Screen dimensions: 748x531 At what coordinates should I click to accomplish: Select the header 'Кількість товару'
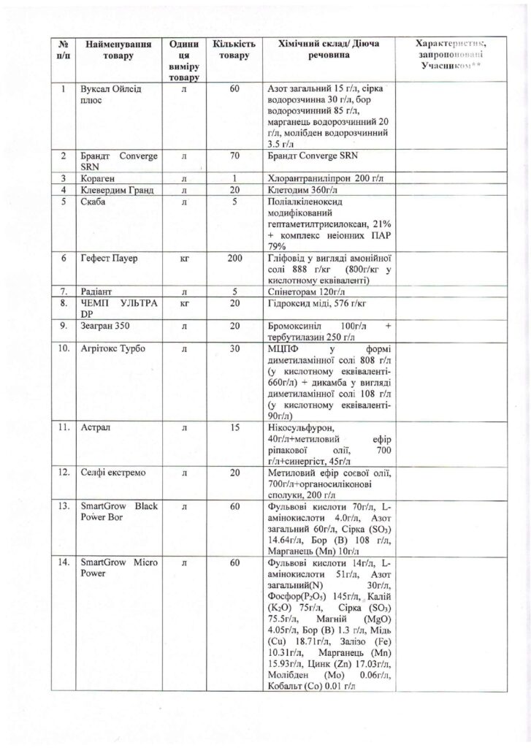coord(234,49)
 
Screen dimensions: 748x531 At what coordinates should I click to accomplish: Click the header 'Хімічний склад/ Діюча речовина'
coord(325,49)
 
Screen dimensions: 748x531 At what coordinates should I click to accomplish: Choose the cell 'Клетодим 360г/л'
coord(303,191)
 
